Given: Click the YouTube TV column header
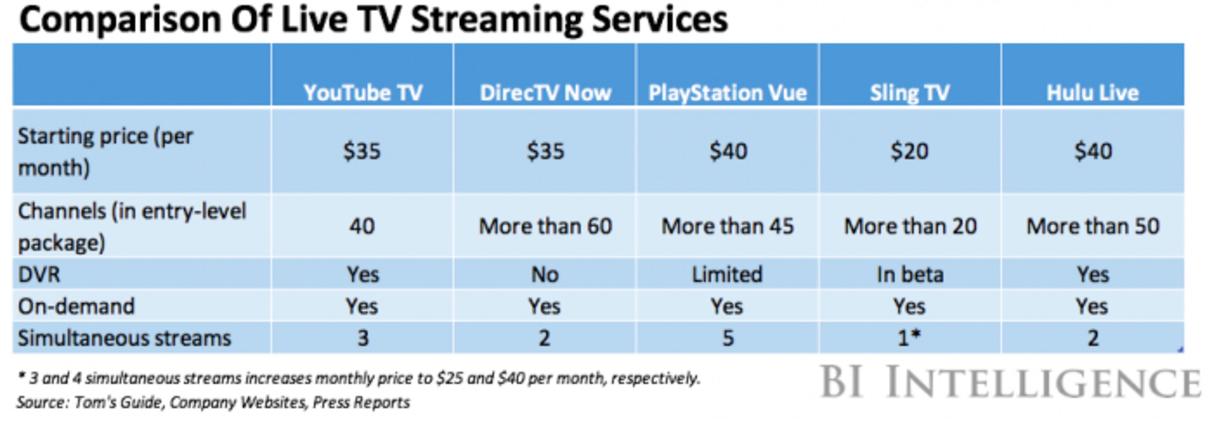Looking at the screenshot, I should (x=362, y=93).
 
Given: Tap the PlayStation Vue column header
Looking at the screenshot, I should (x=728, y=93).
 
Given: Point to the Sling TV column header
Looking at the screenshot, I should (x=909, y=93).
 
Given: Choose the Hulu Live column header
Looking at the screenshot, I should (x=1092, y=93).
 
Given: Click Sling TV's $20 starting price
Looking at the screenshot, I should (x=909, y=151).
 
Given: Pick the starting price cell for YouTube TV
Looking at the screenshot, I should (x=361, y=151).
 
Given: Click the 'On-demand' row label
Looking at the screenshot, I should (x=76, y=306).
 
